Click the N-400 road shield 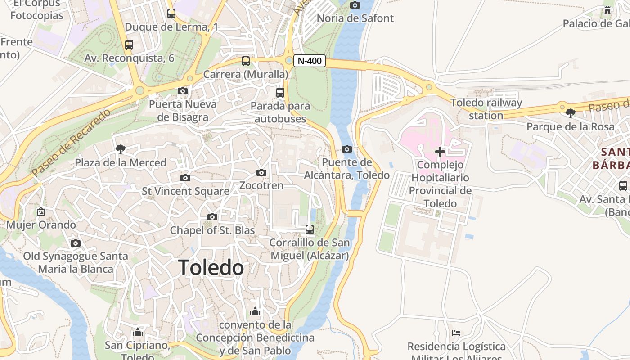pyautogui.click(x=310, y=61)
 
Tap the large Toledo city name pyautogui.click(x=211, y=268)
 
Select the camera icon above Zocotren pyautogui.click(x=261, y=172)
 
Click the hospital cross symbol pyautogui.click(x=440, y=152)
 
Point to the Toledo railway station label pyautogui.click(x=486, y=109)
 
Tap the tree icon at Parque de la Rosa pyautogui.click(x=571, y=113)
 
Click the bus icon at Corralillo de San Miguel pyautogui.click(x=310, y=229)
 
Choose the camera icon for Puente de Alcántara pyautogui.click(x=347, y=149)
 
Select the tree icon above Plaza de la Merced pyautogui.click(x=120, y=149)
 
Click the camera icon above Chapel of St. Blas pyautogui.click(x=212, y=217)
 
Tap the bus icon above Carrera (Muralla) pyautogui.click(x=246, y=61)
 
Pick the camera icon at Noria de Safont pyautogui.click(x=355, y=5)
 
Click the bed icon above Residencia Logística pyautogui.click(x=456, y=333)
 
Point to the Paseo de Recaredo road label pyautogui.click(x=71, y=142)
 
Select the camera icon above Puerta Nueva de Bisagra pyautogui.click(x=183, y=91)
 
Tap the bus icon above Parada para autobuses pyautogui.click(x=280, y=93)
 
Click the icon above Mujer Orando pyautogui.click(x=41, y=211)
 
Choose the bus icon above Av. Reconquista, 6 pyautogui.click(x=129, y=45)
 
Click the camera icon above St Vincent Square pyautogui.click(x=185, y=178)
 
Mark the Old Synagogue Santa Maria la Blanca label pyautogui.click(x=76, y=262)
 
